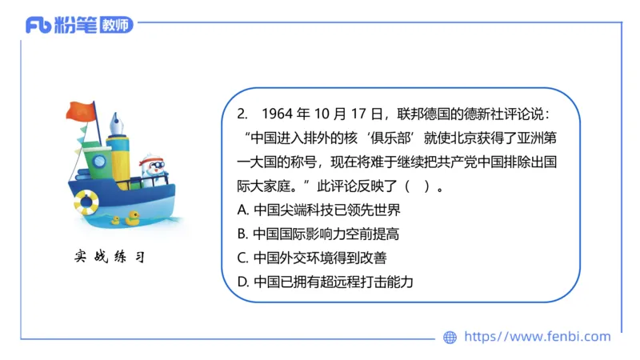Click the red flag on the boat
[x=81, y=112]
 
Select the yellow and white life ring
[x=85, y=202]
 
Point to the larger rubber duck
[x=132, y=216]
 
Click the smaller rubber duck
[x=116, y=219]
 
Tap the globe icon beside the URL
[x=450, y=338]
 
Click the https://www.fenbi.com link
[x=537, y=337]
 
